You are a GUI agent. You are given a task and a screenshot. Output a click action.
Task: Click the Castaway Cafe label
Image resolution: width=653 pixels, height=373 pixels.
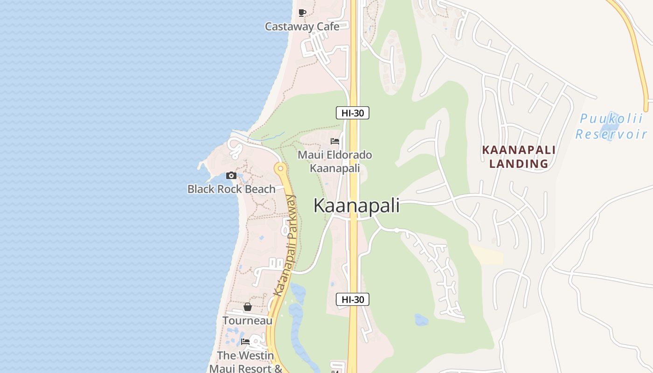coord(302,27)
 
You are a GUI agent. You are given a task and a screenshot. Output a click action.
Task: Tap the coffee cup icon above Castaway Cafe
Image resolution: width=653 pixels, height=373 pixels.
coord(302,13)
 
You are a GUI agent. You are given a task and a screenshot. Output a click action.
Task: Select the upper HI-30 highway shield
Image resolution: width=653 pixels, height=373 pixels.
coord(353,112)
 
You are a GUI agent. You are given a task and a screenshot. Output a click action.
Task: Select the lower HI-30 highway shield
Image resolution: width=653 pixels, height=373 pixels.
coord(353,299)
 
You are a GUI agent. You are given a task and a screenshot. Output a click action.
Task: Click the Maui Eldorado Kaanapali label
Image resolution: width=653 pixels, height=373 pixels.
coord(335,161)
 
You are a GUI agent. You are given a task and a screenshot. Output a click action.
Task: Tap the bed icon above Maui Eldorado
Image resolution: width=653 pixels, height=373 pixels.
coord(335,141)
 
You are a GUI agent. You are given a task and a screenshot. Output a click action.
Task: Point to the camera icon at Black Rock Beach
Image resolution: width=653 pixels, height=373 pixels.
coord(231,176)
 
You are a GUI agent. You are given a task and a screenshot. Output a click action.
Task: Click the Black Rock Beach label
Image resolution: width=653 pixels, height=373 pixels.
coord(231,189)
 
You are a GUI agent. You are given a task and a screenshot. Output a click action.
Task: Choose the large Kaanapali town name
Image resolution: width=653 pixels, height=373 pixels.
coord(356,206)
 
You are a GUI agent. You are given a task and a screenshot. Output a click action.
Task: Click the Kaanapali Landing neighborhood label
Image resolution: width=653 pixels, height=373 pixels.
coord(519,157)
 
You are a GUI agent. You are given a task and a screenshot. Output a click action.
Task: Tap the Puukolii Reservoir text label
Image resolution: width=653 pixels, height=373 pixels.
coord(611,126)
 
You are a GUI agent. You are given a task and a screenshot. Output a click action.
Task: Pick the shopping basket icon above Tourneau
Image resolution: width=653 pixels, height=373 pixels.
coord(247,307)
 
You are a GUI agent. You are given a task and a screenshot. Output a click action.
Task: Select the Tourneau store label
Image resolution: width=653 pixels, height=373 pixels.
coord(247,321)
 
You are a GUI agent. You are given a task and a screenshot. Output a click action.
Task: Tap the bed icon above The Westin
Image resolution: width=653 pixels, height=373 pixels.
coord(245,341)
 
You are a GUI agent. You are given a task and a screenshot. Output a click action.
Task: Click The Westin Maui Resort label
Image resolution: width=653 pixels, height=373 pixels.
coord(246,362)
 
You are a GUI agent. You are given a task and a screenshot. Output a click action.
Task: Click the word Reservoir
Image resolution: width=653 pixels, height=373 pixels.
coord(611,135)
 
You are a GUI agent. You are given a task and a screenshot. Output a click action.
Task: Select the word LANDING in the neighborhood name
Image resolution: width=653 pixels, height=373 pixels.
coord(519,164)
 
